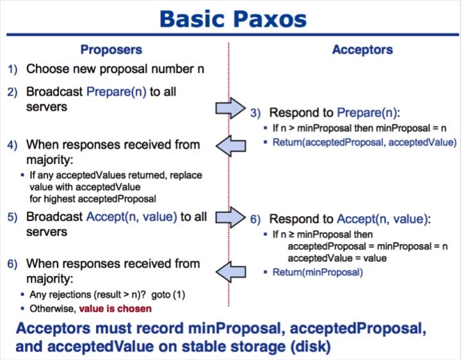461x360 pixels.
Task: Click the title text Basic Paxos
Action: point(230,18)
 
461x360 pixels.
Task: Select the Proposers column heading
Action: point(111,49)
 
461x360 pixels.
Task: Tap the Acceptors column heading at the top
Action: point(362,49)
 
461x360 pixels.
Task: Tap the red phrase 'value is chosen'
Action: point(115,309)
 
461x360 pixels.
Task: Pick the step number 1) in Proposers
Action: point(13,69)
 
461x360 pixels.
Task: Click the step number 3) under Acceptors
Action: point(255,113)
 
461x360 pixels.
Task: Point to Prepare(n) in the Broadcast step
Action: point(116,92)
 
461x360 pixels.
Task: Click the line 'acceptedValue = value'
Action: point(328,258)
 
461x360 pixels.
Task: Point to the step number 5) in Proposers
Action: point(13,217)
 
